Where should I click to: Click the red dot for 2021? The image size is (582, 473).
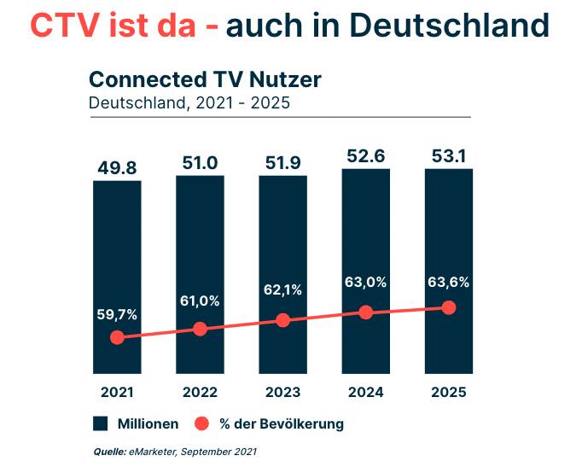[117, 337]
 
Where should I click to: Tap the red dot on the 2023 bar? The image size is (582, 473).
[283, 320]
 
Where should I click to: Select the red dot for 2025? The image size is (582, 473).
[450, 307]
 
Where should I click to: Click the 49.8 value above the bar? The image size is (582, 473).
[117, 166]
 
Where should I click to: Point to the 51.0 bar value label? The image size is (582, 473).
[200, 163]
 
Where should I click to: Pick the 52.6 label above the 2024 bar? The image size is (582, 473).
[366, 155]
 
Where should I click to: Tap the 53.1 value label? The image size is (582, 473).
[449, 155]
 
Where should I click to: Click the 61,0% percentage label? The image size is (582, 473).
[200, 301]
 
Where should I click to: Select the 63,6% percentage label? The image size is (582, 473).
[450, 283]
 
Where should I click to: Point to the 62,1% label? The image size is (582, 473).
[283, 290]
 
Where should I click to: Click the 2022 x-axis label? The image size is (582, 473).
[200, 392]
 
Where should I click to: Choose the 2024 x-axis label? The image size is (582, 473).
[366, 392]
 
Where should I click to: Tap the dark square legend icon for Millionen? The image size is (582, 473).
[100, 423]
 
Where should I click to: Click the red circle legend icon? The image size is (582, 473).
[201, 423]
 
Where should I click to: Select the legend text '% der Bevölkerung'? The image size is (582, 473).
[281, 423]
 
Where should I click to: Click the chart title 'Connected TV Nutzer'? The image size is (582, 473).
[205, 79]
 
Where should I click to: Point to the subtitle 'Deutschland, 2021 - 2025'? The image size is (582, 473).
[189, 103]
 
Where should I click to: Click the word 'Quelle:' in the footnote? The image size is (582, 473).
[109, 451]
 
